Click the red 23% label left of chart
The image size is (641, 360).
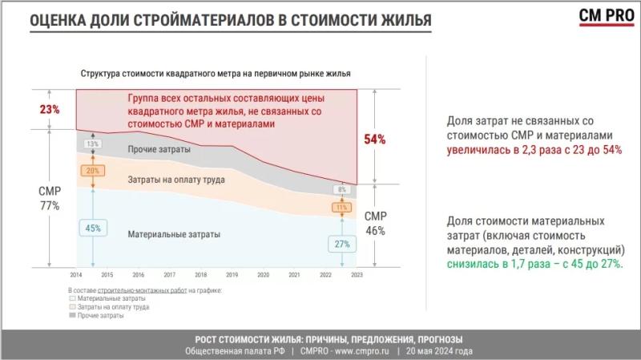tap(50, 110)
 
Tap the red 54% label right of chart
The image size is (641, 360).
tap(375, 140)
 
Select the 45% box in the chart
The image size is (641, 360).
tap(93, 228)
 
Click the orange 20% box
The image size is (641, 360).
tap(93, 170)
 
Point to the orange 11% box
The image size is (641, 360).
tap(341, 208)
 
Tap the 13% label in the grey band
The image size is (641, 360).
tap(93, 144)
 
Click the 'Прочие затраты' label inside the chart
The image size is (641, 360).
tap(159, 150)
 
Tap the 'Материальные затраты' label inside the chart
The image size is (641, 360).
tap(174, 234)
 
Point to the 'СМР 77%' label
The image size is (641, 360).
tap(50, 199)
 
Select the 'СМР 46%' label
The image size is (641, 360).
tap(375, 224)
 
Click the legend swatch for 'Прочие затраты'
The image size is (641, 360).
tap(73, 317)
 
